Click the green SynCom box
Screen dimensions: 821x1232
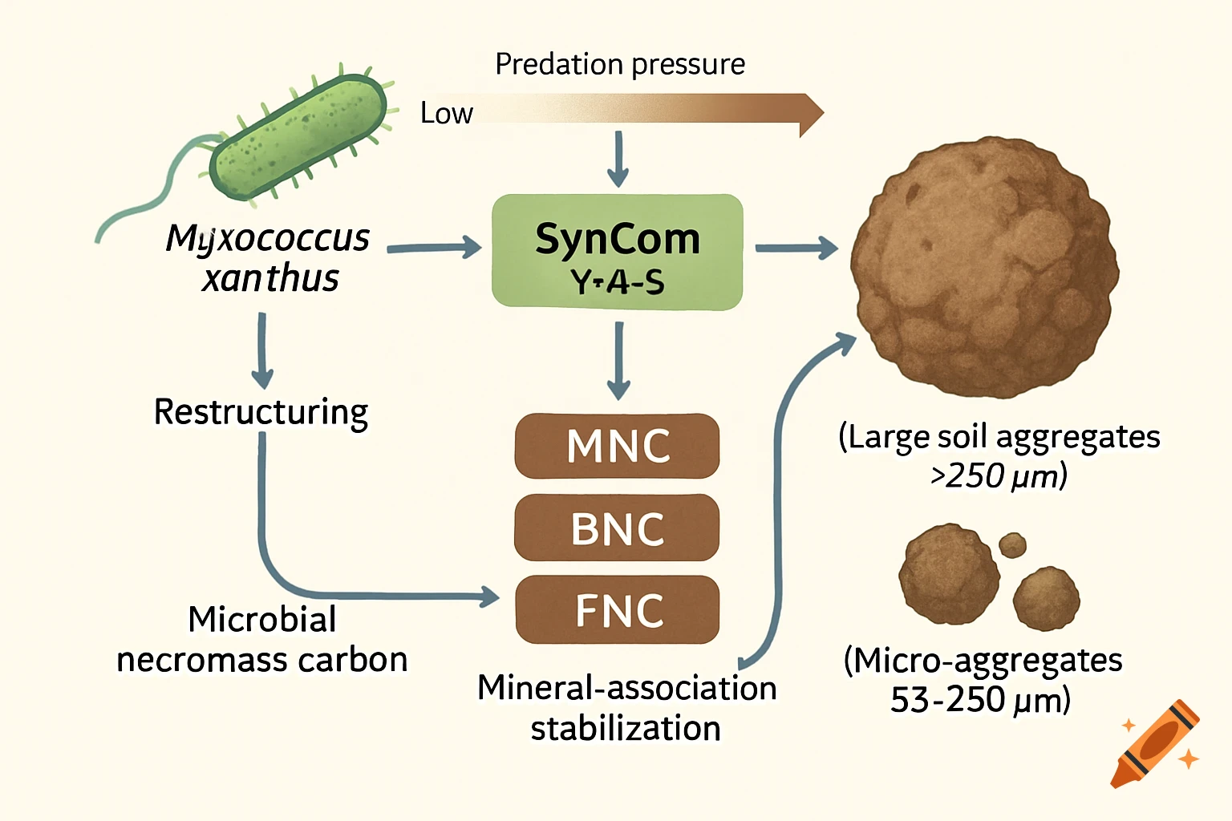tap(617, 252)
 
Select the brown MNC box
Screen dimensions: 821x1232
tap(617, 446)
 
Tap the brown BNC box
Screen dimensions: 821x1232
tap(617, 528)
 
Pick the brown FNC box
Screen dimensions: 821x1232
tap(617, 610)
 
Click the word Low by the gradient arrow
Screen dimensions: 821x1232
tap(446, 114)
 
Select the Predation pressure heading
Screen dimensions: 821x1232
tap(619, 64)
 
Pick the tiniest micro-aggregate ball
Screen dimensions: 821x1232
tap(1012, 545)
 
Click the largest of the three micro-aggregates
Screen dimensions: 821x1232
tap(949, 574)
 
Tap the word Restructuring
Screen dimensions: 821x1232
tap(261, 412)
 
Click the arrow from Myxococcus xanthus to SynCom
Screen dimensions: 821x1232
tap(433, 248)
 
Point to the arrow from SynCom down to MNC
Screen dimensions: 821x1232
tap(618, 361)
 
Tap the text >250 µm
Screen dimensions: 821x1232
tap(999, 476)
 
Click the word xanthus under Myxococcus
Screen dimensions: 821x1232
tap(270, 278)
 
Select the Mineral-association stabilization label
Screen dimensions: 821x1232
tap(626, 708)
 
